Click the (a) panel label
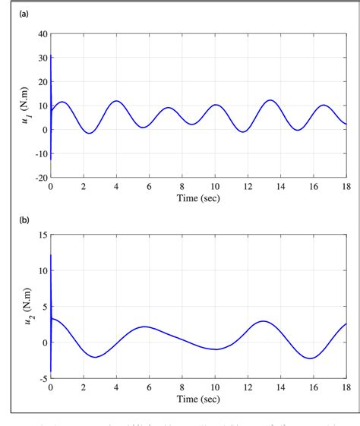24,14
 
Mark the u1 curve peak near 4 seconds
116,101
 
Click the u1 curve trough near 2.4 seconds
90,134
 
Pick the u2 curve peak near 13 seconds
264,321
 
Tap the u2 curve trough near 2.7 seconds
95,357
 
